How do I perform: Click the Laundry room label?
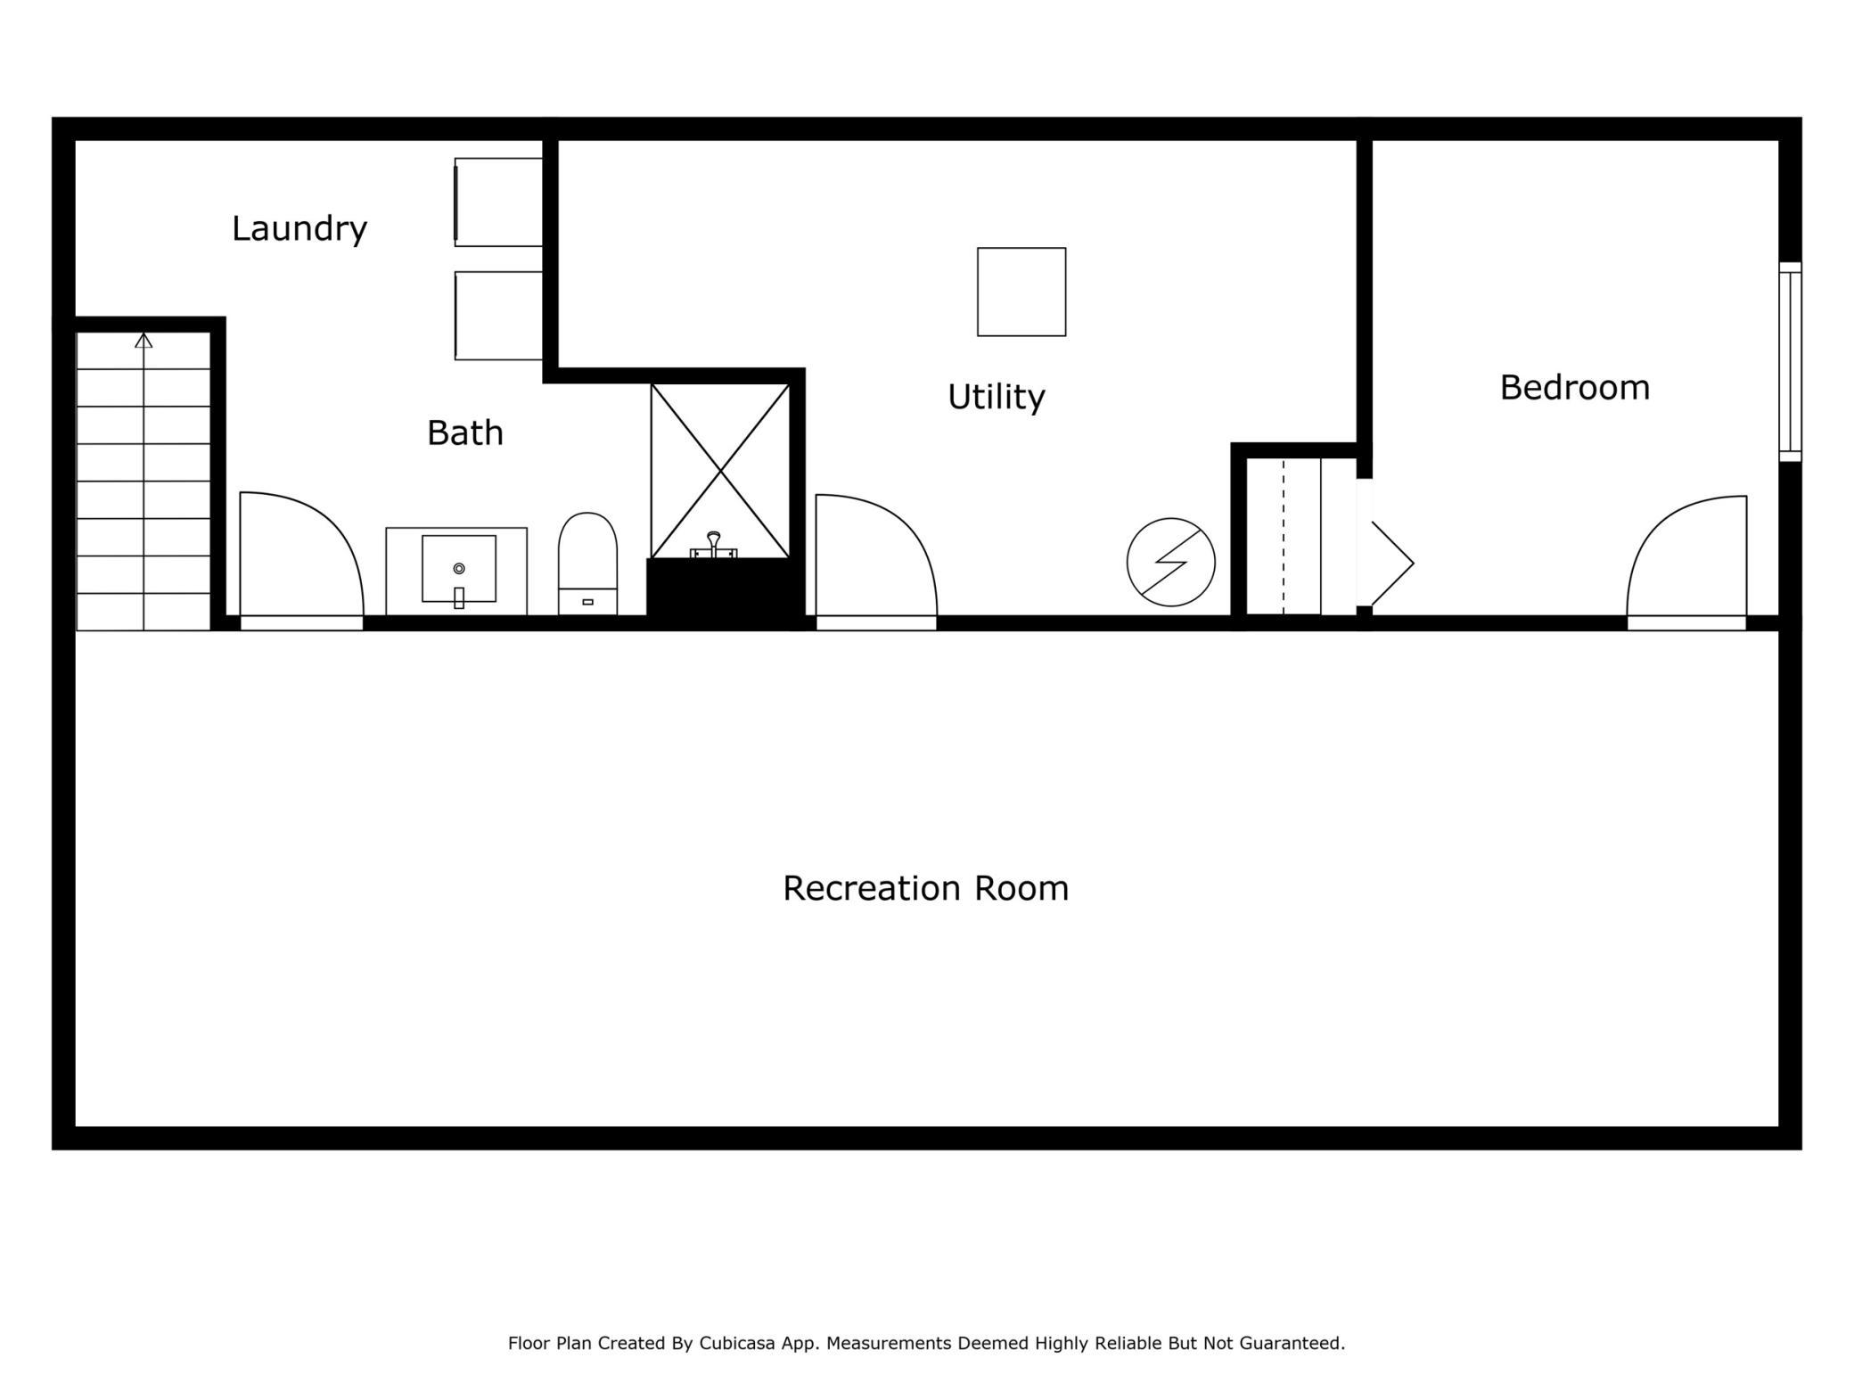point(299,229)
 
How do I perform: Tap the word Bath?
point(465,433)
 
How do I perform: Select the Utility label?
point(996,397)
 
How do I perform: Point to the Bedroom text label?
point(1575,388)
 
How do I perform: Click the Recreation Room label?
point(925,888)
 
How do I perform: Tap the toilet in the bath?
point(587,564)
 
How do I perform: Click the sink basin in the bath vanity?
point(459,569)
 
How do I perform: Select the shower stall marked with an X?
point(720,471)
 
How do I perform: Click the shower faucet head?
point(713,544)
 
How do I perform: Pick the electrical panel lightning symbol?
point(1170,563)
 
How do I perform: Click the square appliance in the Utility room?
point(1021,292)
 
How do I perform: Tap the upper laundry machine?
point(498,202)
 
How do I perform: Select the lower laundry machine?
point(498,316)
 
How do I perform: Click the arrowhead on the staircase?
point(144,340)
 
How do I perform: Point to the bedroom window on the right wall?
point(1790,362)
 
